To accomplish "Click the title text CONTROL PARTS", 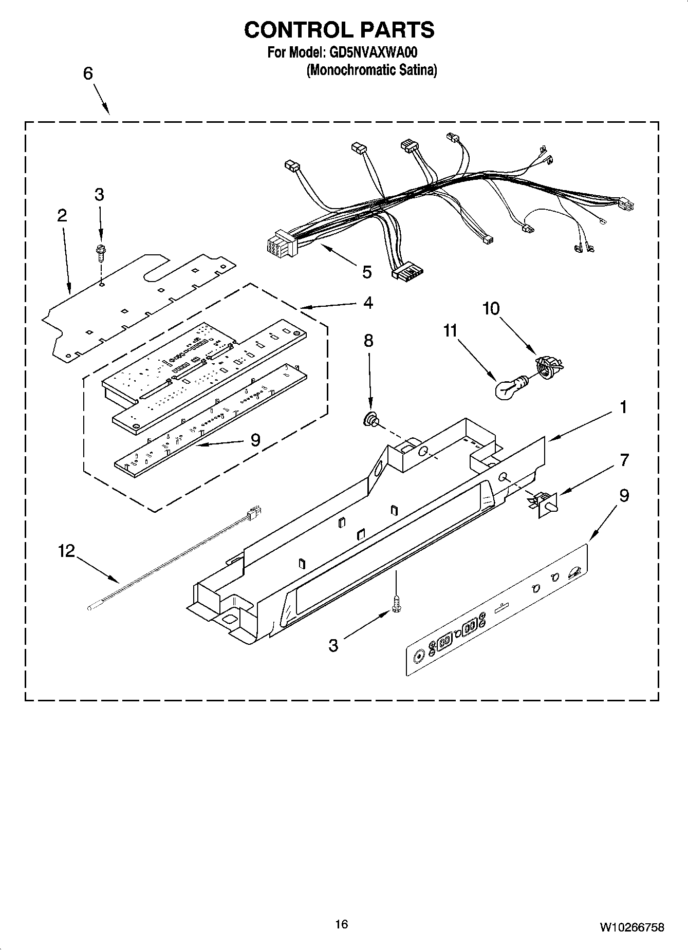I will tap(339, 30).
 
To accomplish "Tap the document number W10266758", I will tap(631, 927).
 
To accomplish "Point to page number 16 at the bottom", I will tap(341, 924).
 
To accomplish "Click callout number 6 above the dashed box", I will tap(88, 73).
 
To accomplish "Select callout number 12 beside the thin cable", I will tap(66, 551).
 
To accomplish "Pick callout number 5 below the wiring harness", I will tap(366, 272).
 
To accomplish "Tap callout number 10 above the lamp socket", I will tap(491, 309).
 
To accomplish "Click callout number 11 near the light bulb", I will tap(450, 331).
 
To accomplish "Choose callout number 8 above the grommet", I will tap(368, 341).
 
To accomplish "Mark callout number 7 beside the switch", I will tap(624, 460).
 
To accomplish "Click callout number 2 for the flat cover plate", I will tap(62, 216).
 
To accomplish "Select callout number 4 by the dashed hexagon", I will tap(368, 303).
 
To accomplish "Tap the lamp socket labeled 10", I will tap(548, 366).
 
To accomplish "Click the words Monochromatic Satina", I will tap(371, 70).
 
